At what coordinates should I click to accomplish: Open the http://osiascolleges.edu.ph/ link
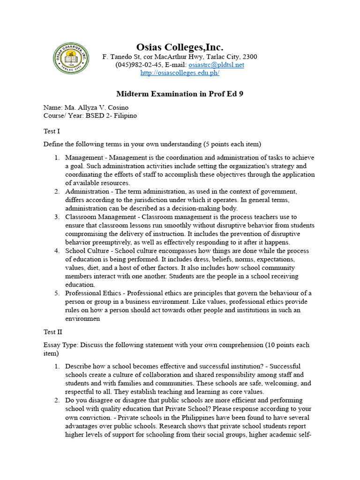(180, 73)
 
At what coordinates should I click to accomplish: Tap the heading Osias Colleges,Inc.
(180, 47)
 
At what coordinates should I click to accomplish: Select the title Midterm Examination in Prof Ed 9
(180, 94)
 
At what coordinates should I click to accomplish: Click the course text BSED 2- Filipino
(111, 116)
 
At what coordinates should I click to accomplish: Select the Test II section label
(52, 332)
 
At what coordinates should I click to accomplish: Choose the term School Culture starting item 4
(87, 251)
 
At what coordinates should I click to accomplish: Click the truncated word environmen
(83, 318)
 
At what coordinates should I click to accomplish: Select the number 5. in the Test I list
(56, 293)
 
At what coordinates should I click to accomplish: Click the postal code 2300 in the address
(249, 57)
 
